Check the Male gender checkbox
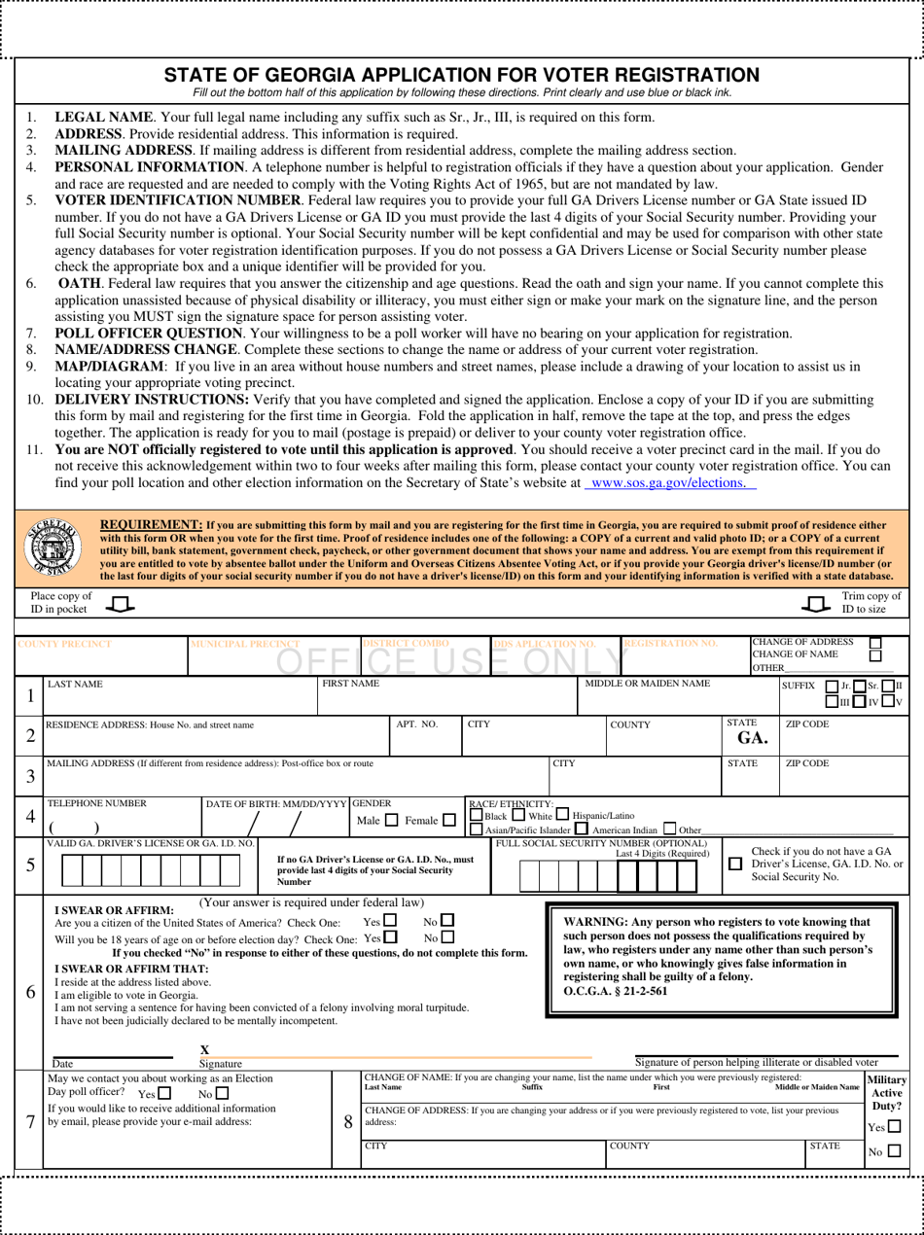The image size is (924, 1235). [x=391, y=821]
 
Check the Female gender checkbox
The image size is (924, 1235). [x=448, y=821]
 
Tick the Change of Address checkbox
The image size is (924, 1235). [x=874, y=643]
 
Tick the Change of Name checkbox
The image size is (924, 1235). [x=874, y=655]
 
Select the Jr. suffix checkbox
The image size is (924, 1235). [x=831, y=686]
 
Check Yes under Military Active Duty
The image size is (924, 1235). [x=894, y=1127]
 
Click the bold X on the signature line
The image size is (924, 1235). [x=204, y=1049]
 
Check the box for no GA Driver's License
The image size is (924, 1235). [x=735, y=864]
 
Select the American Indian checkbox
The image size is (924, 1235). [x=581, y=829]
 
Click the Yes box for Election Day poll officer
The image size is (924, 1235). [x=163, y=1094]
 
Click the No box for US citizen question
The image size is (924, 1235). [x=447, y=920]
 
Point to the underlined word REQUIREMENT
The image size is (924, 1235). [x=152, y=523]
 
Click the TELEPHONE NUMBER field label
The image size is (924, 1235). [x=97, y=803]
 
